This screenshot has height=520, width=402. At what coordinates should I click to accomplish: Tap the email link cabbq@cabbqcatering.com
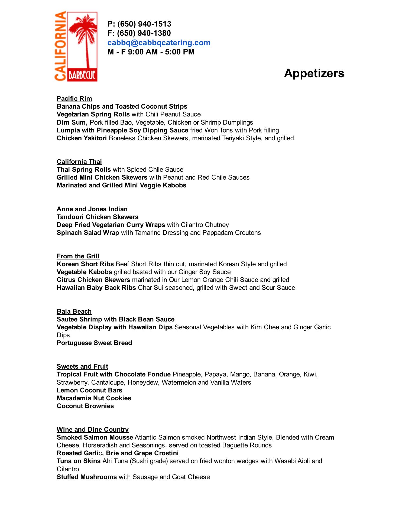coord(159,43)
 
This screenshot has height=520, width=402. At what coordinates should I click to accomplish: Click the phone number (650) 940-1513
coord(144,24)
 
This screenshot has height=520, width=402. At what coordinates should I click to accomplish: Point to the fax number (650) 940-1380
coord(144,33)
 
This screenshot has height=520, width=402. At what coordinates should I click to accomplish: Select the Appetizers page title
coord(314,73)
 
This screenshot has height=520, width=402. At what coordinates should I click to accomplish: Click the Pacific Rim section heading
coord(74,99)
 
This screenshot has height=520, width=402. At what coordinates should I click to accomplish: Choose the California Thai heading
coord(79,162)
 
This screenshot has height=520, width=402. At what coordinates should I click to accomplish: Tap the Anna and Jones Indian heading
coord(92,209)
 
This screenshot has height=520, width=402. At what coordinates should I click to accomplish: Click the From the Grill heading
coord(78,256)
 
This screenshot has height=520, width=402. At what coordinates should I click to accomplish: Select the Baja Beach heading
coord(74,311)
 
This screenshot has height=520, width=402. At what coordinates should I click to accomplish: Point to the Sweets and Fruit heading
coord(82,366)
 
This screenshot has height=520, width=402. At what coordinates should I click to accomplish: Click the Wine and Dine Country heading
coord(93,430)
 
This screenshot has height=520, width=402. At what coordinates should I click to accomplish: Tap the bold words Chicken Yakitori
coord(82,138)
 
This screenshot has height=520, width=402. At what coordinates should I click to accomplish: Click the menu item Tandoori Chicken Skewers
coord(98,217)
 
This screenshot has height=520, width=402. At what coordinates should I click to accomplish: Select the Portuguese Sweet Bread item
coord(94,343)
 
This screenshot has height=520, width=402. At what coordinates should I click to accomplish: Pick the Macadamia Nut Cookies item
coord(94,398)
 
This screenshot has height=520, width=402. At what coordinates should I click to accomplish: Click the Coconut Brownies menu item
coord(85,406)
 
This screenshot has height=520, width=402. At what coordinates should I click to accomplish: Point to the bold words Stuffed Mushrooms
coord(87,477)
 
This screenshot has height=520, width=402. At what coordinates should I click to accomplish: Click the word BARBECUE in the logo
coord(82,75)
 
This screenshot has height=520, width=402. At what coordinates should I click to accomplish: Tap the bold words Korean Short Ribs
coord(85,264)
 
